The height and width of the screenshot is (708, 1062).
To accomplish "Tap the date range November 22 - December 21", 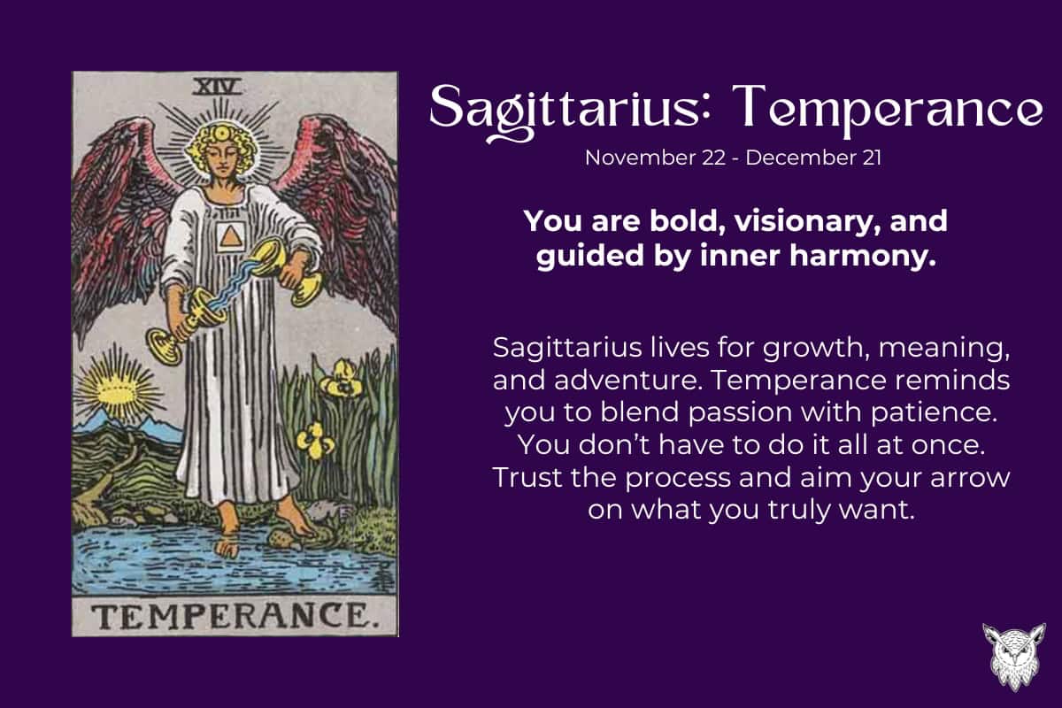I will point(734,158).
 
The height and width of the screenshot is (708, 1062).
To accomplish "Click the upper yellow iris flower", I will point(339,379).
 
